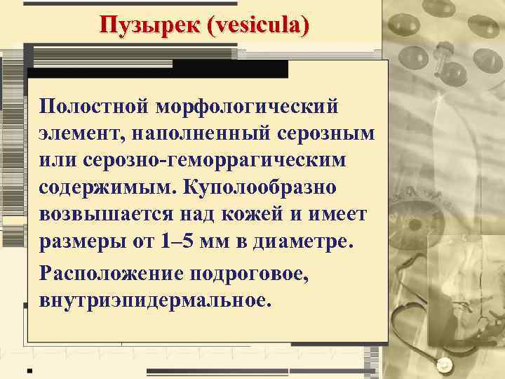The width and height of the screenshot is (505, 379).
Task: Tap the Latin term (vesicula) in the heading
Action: pyautogui.click(x=255, y=25)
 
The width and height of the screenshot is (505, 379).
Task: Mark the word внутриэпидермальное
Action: pyautogui.click(x=154, y=300)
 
